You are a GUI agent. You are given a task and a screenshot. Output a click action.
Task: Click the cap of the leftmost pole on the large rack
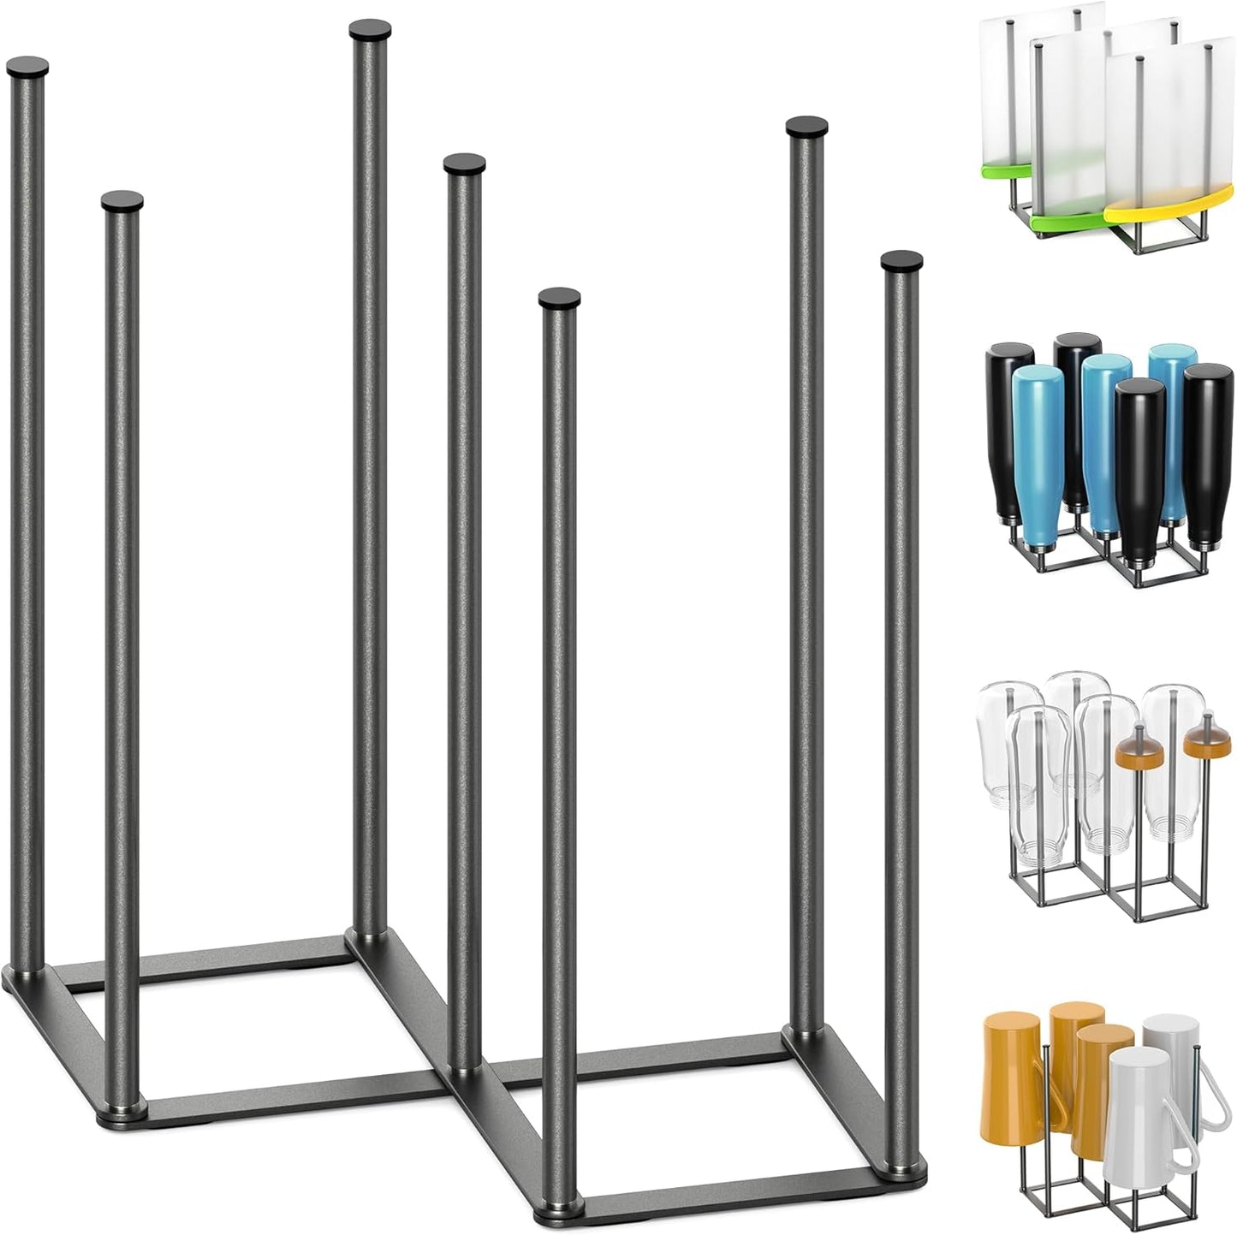pos(27,67)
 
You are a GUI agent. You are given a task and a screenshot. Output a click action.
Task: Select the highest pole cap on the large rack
pos(370,29)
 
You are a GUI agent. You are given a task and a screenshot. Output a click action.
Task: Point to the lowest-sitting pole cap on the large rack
pos(559,298)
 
